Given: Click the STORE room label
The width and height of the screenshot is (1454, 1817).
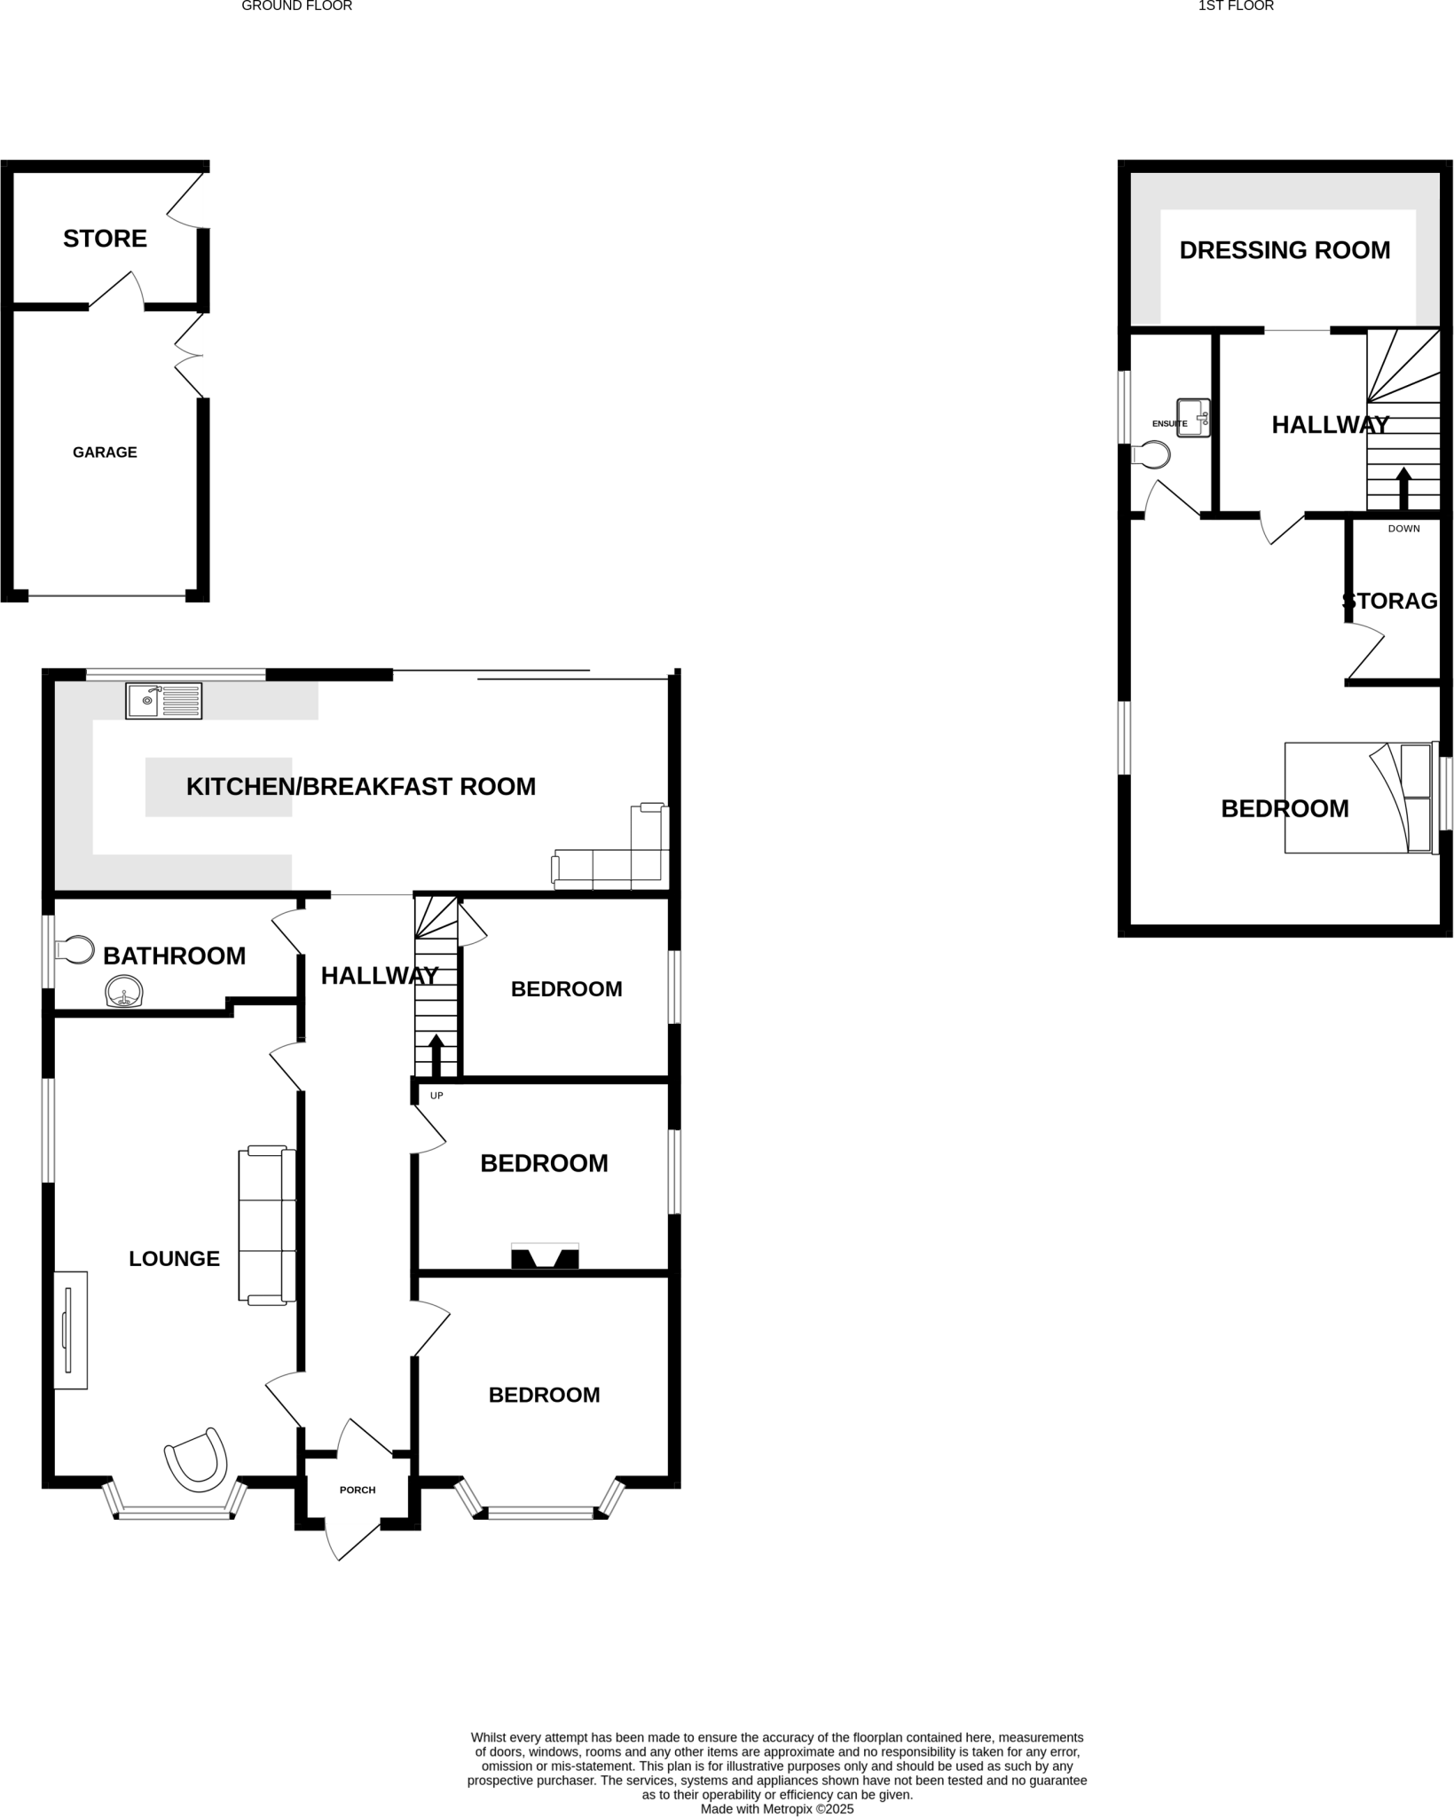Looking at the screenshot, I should [105, 239].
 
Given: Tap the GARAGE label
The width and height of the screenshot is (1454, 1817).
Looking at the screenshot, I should [105, 452].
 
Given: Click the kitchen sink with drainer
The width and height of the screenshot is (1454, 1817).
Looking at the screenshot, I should [163, 701].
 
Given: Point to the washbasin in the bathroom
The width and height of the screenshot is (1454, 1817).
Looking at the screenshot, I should [125, 993].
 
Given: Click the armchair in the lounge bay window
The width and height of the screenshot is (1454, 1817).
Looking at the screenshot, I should [197, 1459].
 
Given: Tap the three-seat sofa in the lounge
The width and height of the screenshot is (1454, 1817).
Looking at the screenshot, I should [266, 1225].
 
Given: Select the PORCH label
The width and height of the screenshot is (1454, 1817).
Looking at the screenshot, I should [358, 1490].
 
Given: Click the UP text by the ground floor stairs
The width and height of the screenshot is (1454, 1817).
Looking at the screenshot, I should [436, 1096].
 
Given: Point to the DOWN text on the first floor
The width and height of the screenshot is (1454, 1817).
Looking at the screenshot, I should [1403, 529].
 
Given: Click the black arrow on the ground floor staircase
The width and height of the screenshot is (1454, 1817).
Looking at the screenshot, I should [436, 1056].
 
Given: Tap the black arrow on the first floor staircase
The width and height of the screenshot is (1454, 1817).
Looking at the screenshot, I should [1403, 488].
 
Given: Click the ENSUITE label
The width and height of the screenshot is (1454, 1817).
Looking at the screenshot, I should [1169, 424].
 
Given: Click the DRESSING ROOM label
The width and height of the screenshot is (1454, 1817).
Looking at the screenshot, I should [1285, 251].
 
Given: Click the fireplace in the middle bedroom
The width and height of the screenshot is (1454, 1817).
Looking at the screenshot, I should [545, 1257].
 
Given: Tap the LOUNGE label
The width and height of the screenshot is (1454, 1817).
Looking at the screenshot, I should [174, 1259].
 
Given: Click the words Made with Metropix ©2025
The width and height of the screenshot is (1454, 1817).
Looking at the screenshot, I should [776, 1809].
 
